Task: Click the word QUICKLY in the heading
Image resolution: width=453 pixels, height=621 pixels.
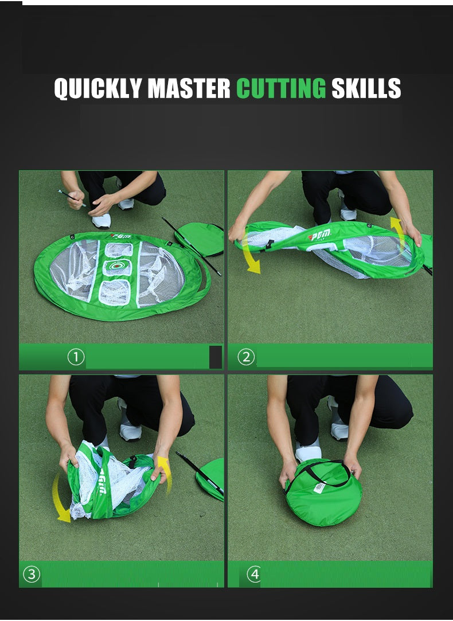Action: click(98, 89)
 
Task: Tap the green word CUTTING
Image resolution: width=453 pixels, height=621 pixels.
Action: click(280, 89)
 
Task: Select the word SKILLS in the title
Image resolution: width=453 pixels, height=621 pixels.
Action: click(366, 89)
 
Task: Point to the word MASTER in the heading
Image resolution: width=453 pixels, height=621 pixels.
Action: click(189, 89)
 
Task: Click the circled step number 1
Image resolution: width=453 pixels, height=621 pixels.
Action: click(76, 357)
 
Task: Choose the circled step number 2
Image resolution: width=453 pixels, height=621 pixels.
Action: click(245, 357)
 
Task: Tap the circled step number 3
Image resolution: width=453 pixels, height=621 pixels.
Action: click(31, 574)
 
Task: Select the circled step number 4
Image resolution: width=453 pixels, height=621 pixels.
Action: click(254, 574)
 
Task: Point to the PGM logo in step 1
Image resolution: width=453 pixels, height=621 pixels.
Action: click(120, 236)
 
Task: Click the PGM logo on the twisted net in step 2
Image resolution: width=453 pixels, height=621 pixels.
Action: click(319, 236)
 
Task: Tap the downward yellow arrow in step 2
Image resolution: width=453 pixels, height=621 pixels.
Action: click(250, 255)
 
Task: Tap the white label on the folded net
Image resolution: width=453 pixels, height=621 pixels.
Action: click(319, 487)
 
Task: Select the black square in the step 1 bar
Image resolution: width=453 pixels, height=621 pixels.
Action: click(216, 357)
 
